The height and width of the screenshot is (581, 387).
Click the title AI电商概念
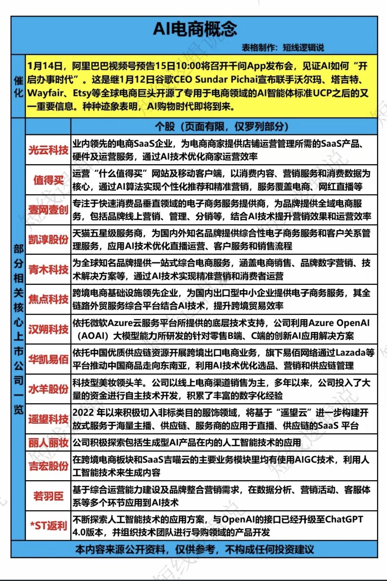click(195, 29)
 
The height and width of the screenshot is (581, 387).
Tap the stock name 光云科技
click(48, 150)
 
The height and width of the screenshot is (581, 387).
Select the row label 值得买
click(48, 180)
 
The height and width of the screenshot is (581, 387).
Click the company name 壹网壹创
click(48, 210)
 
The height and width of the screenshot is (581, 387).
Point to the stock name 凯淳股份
click(48, 239)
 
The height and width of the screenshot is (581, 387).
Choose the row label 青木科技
click(48, 269)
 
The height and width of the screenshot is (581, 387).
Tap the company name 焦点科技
click(48, 299)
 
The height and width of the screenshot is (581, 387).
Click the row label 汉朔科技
click(48, 329)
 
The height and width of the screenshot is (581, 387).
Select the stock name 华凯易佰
click(48, 359)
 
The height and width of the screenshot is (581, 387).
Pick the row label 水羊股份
click(48, 389)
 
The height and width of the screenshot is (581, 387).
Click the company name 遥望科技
click(48, 419)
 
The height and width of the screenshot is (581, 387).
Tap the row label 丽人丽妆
click(48, 443)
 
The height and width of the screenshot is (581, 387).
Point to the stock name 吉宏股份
click(48, 466)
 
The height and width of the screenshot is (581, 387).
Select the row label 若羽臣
click(48, 496)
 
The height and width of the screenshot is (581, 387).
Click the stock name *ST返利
click(48, 526)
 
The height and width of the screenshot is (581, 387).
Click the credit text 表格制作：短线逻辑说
click(283, 48)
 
